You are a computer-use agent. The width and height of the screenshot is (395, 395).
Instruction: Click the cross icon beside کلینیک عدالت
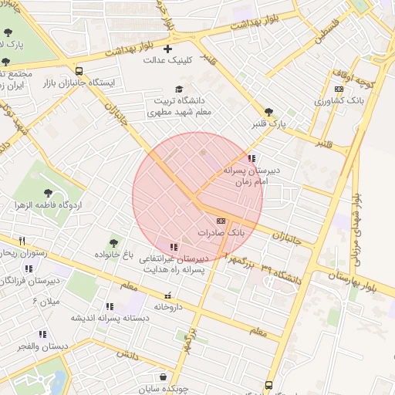pos(167,49)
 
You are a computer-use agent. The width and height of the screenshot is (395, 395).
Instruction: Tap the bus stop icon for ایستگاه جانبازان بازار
pos(79,70)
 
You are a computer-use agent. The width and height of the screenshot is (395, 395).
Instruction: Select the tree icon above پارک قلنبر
pos(268,112)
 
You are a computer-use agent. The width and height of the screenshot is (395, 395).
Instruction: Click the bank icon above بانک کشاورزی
pos(339,89)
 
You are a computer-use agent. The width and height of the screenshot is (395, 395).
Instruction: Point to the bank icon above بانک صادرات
pos(221,221)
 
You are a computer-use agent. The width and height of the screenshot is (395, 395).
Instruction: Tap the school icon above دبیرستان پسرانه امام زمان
pos(251,158)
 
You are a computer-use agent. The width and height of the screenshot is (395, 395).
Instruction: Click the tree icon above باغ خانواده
pos(115,243)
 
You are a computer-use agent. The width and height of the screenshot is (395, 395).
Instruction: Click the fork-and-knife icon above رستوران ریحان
pos(22,241)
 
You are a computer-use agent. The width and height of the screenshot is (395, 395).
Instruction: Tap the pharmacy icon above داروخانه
pos(167,295)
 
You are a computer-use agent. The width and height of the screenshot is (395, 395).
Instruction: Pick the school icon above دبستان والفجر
pos(42,335)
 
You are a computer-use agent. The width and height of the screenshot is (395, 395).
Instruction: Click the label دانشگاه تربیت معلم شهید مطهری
pos(179,106)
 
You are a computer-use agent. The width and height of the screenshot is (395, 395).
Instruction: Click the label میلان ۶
pos(46,301)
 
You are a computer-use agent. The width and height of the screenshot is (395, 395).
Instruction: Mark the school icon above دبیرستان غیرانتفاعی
pos(173,248)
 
